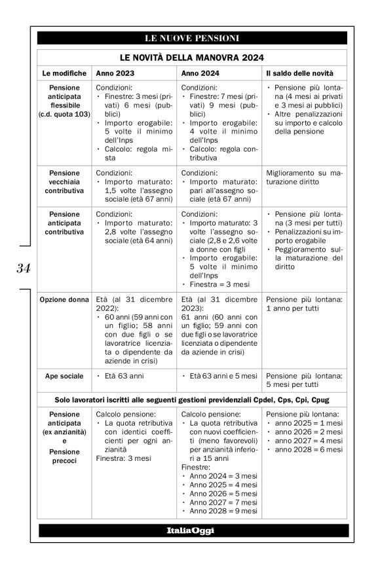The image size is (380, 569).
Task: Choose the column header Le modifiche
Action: click(x=64, y=73)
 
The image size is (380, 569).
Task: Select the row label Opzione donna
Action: click(x=64, y=300)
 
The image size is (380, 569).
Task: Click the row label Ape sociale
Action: click(x=64, y=376)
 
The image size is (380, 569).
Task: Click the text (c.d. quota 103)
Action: click(x=64, y=114)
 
